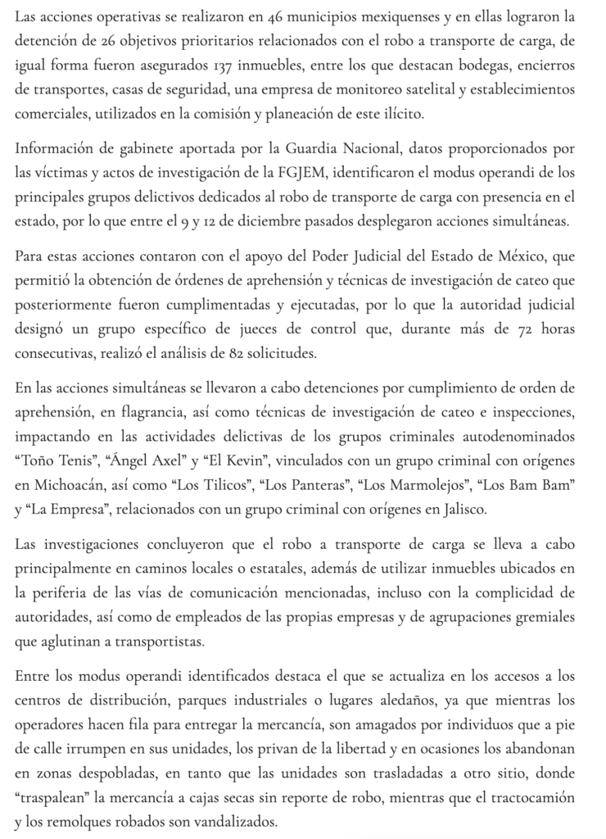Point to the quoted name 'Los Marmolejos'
tap(418, 484)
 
